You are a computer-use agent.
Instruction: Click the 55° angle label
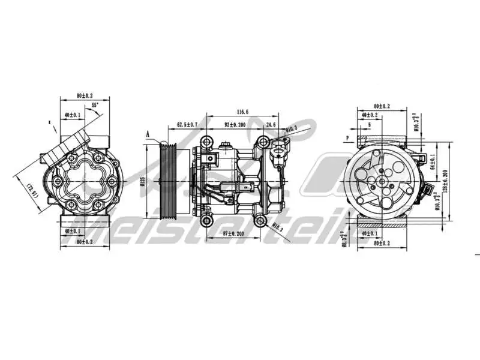[x=95, y=106]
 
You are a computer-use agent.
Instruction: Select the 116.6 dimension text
[x=242, y=112]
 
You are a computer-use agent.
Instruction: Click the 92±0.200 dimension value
[x=235, y=125]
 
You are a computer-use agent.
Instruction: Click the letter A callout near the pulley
[x=147, y=135]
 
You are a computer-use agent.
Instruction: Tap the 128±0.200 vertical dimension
[x=445, y=180]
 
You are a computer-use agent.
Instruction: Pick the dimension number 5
[x=369, y=125]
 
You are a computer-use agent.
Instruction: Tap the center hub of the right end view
[x=382, y=180]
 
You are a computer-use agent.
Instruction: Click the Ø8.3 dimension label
[x=344, y=241]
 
